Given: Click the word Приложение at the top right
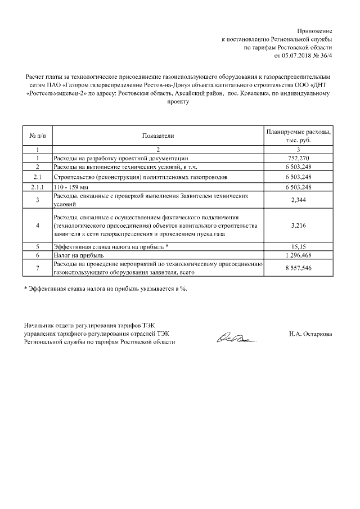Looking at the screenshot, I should pyautogui.click(x=315, y=30).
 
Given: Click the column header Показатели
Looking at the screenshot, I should pyautogui.click(x=158, y=136).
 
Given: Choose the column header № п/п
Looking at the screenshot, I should pyautogui.click(x=37, y=136).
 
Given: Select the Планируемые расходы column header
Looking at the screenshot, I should pyautogui.click(x=299, y=136).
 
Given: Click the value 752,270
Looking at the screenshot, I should pyautogui.click(x=299, y=159).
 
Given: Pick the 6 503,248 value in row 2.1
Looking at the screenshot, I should pyautogui.click(x=299, y=177).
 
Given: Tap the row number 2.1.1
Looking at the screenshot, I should pyautogui.click(x=37, y=187).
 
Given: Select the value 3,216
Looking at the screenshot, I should pyautogui.click(x=299, y=226).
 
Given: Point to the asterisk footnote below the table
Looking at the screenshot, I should pyautogui.click(x=105, y=289).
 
